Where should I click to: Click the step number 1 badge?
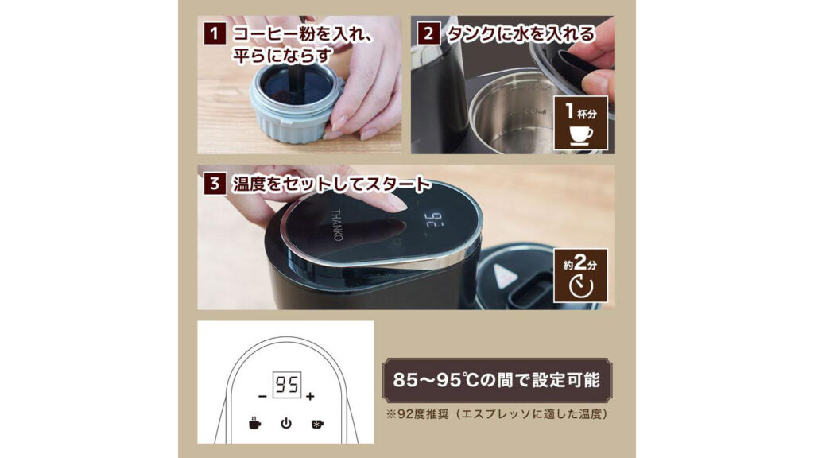click(213, 34)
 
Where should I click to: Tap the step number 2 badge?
click(428, 34)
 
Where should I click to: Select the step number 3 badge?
click(213, 184)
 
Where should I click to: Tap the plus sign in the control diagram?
click(310, 396)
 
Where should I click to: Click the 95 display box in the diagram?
click(285, 387)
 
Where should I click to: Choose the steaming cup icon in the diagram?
click(254, 423)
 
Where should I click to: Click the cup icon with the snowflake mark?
click(316, 423)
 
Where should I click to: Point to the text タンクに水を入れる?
click(520, 34)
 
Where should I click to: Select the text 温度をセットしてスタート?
click(331, 184)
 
